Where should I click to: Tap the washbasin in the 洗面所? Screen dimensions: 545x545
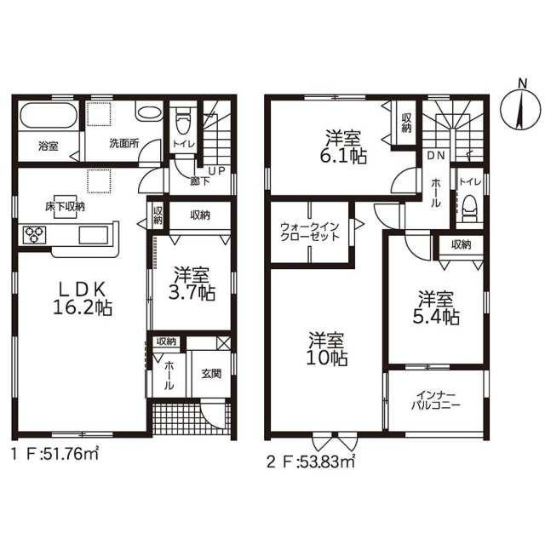tap(149, 112)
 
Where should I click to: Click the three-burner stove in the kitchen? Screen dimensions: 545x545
tap(34, 235)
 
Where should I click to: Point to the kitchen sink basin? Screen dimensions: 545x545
tap(93, 235)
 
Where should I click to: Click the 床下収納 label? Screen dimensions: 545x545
tap(65, 207)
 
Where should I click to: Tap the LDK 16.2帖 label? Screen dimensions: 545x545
tap(82, 298)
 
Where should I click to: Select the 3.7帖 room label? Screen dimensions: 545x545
tap(192, 284)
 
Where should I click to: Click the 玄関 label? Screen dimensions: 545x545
tap(211, 374)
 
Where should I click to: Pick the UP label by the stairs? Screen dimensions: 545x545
tap(216, 171)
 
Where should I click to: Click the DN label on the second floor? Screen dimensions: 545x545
tap(436, 156)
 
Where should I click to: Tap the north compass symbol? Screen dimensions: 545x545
tap(520, 108)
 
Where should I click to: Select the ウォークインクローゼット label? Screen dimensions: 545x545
tap(309, 232)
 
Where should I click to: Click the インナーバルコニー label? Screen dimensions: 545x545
tap(435, 400)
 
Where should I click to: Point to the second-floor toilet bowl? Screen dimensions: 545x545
tap(469, 209)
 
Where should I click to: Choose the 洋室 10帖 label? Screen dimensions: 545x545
tap(326, 349)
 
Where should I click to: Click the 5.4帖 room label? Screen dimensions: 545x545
tap(436, 308)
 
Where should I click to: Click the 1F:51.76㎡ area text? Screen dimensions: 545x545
tap(54, 454)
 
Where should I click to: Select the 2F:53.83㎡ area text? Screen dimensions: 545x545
tap(310, 462)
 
